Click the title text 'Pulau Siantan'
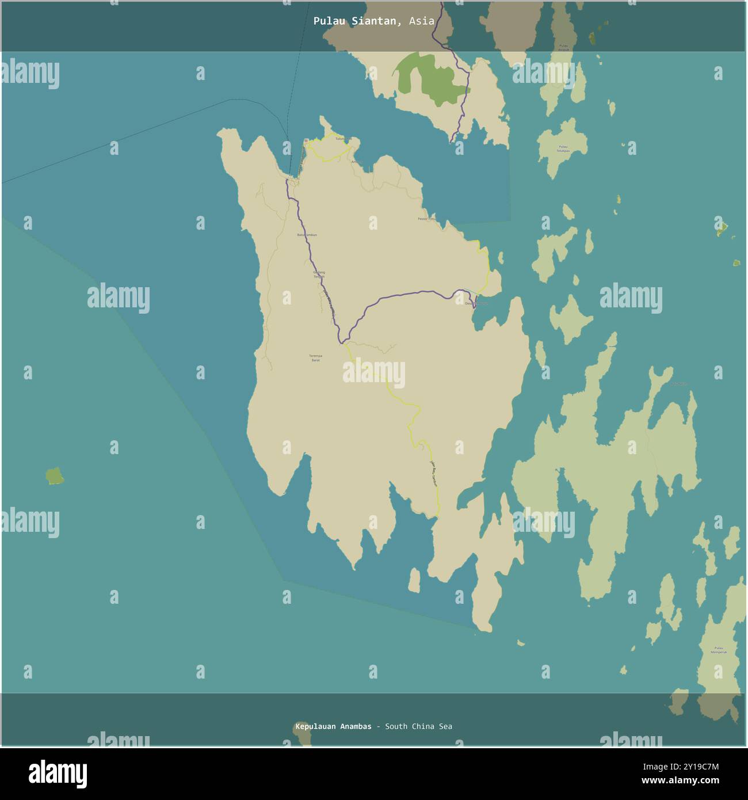click(354, 21)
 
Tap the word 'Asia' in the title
click(422, 21)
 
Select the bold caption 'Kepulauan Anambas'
click(333, 726)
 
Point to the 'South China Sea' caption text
click(418, 726)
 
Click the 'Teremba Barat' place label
click(315, 358)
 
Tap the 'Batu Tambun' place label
click(307, 235)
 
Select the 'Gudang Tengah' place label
click(319, 275)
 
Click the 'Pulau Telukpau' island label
click(562, 148)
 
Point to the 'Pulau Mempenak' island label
click(719, 650)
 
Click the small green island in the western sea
click(55, 476)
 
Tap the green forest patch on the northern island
click(432, 79)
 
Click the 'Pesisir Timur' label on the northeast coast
click(427, 219)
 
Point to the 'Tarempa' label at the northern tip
click(342, 139)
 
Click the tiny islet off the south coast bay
click(414, 581)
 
